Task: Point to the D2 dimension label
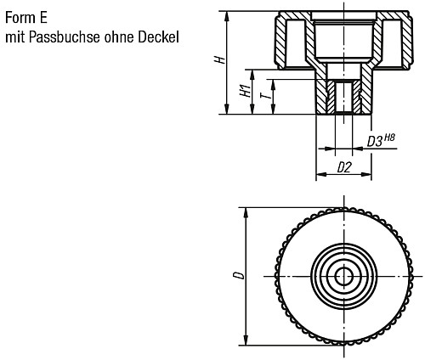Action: [344, 167]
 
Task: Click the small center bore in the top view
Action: [344, 276]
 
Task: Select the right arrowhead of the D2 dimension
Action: [368, 177]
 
